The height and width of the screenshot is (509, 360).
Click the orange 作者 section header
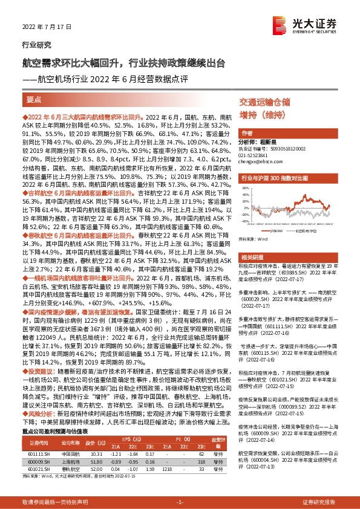[246, 133]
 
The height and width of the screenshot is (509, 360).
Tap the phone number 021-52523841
[256, 157]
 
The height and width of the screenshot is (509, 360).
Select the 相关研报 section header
[251, 256]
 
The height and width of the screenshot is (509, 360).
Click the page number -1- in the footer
[179, 502]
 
